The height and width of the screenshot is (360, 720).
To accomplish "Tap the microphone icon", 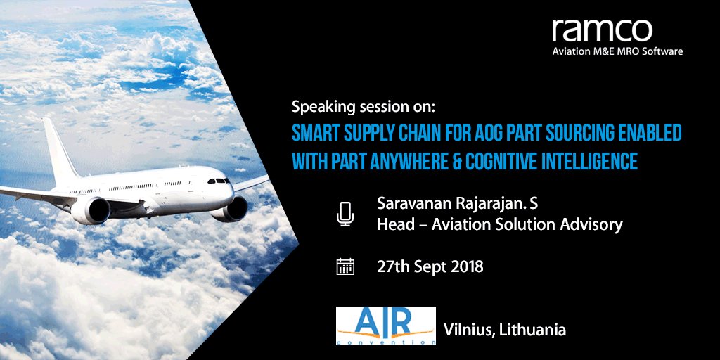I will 345,214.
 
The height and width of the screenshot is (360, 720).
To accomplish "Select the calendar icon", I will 345,266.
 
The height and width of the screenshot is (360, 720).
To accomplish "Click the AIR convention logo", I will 385,326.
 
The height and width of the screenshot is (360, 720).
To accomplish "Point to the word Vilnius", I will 466,329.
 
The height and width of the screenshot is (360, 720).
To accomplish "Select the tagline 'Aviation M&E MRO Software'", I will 617,51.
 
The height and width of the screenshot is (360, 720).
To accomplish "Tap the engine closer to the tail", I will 91,210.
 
